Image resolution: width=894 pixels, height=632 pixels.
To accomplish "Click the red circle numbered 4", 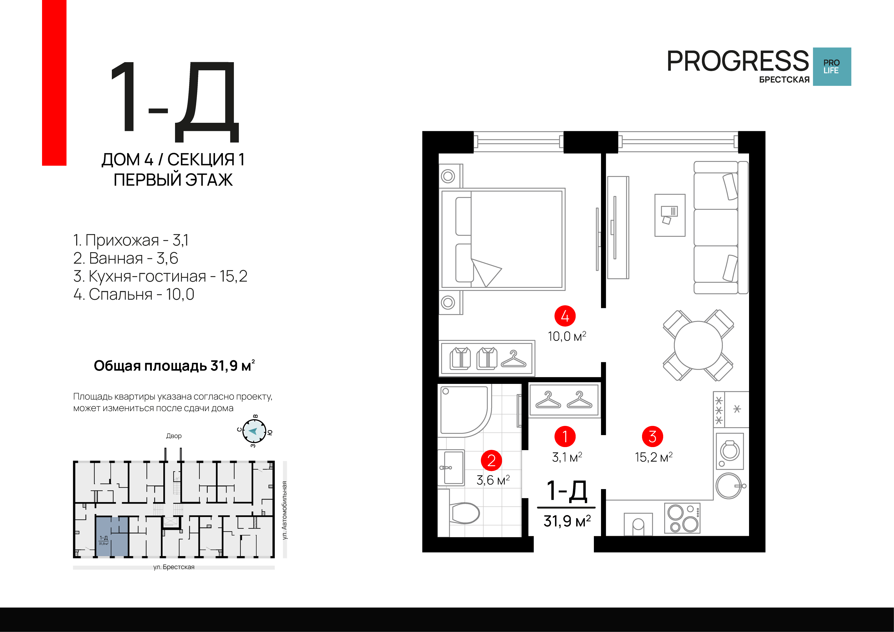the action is pos(565,316).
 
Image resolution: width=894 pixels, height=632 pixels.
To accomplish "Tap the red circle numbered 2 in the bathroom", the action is pos(491,460).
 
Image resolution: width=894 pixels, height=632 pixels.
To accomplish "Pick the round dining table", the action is pos(698,345).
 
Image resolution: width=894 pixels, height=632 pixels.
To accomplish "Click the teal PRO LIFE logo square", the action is pos(832,66).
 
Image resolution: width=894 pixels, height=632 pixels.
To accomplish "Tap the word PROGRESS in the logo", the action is pos(738,61).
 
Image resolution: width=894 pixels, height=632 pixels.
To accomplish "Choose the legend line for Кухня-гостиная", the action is pos(160,276).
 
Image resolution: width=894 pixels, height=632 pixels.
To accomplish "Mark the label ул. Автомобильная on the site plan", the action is pos(285,510).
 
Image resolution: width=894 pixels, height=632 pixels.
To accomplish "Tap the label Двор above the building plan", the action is pos(174,436).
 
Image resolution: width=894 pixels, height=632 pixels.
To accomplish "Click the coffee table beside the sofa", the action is pos(670,215).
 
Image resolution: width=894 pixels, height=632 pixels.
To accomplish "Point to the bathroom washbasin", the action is pos(452,467).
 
